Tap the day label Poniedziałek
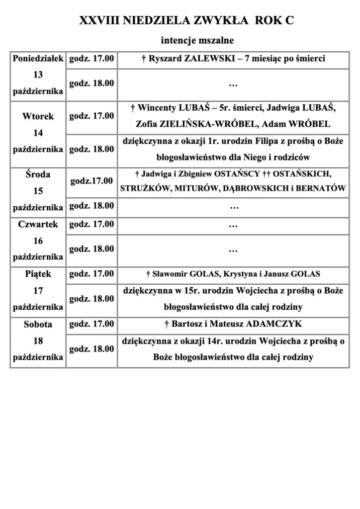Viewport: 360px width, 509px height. [x=38, y=59]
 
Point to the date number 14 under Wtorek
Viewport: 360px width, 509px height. [x=38, y=133]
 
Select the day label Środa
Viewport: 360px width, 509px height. [x=38, y=174]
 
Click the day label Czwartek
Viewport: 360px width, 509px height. [x=38, y=224]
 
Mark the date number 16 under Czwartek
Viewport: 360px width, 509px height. [x=38, y=241]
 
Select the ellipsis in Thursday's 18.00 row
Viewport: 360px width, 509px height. [x=232, y=250]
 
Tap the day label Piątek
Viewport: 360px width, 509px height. [x=38, y=274]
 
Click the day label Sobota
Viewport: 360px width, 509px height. [x=38, y=324]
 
